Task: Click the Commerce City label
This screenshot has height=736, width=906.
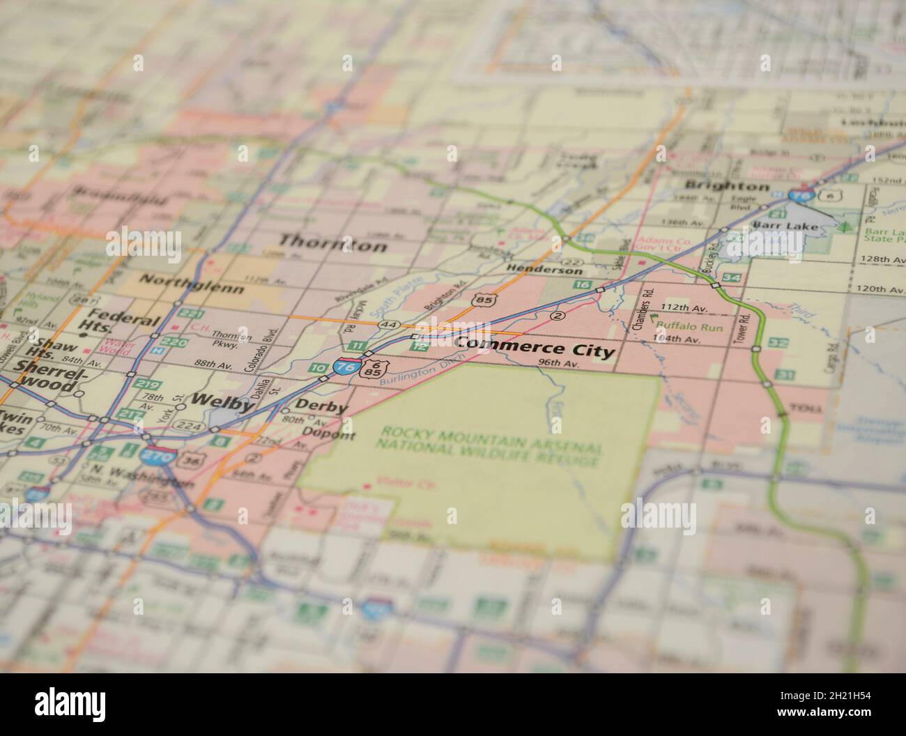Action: pos(535,346)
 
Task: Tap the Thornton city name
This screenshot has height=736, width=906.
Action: pos(332,244)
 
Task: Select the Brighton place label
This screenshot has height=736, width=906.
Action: pos(727,186)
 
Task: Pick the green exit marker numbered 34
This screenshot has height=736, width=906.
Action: pos(731,278)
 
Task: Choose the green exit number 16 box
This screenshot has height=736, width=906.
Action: pos(582,284)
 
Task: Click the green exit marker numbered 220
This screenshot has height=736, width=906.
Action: pos(160,342)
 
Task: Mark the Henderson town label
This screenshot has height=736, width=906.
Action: pos(544,270)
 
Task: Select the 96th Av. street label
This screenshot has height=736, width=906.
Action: pos(559,364)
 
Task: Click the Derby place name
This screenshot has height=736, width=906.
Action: pos(321,406)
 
